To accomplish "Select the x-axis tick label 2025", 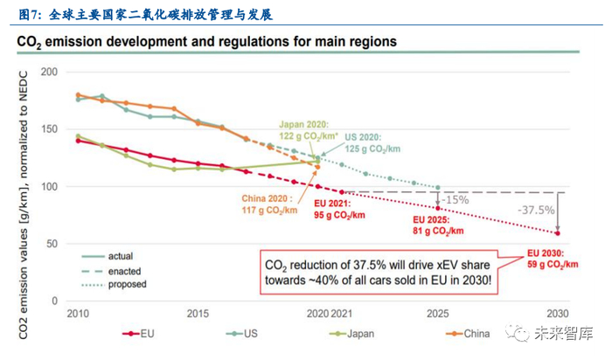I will [x=439, y=314].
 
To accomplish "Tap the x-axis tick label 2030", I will [x=558, y=314].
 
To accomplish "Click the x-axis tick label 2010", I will [x=80, y=314].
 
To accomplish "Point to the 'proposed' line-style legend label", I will [x=128, y=284].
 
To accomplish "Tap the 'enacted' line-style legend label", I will [x=126, y=270].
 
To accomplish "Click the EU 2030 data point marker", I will [x=558, y=232].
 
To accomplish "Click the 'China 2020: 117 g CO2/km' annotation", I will [x=271, y=203].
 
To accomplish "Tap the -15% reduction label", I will [x=455, y=200].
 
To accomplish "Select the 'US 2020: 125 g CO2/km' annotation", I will [x=370, y=143].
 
